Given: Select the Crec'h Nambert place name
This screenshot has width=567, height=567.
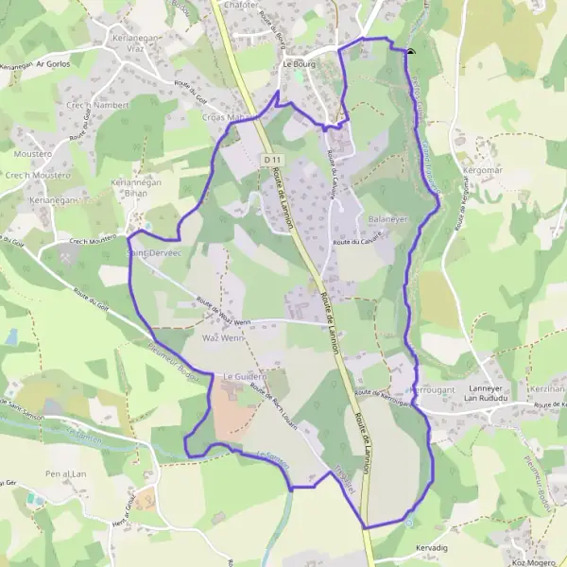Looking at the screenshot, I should pyautogui.click(x=96, y=105).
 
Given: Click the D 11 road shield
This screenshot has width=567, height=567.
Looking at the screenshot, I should pyautogui.click(x=273, y=161).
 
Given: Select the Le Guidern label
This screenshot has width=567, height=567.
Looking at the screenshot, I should pyautogui.click(x=245, y=376).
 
